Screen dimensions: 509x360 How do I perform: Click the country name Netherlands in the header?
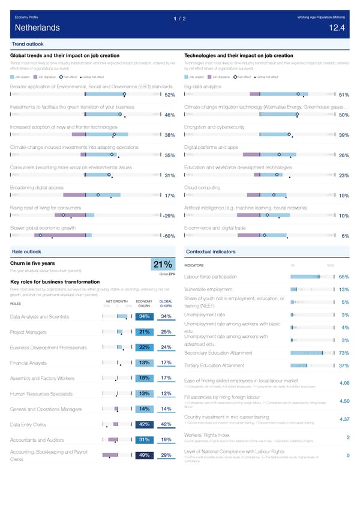[x=37, y=28]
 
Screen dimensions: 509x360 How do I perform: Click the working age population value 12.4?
[x=337, y=28]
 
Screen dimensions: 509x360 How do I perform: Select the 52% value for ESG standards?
[x=169, y=95]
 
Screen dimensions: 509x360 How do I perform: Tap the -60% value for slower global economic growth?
[x=168, y=236]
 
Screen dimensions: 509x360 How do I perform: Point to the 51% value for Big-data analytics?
[x=344, y=95]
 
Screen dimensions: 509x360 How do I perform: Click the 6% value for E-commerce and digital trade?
[x=345, y=236]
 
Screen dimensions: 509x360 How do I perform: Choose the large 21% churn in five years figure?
[x=164, y=265]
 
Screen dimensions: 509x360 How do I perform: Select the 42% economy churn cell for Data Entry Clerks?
[x=144, y=425]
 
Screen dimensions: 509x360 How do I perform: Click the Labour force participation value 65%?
[x=344, y=277]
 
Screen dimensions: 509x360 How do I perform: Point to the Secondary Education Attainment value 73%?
[x=344, y=353]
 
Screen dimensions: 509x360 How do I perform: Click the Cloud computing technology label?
[x=203, y=187]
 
